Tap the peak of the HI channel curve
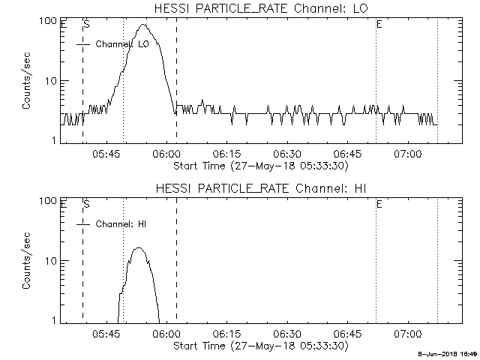(139, 248)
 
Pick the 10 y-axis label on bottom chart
(52, 261)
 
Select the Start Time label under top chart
(259, 166)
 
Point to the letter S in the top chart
(87, 24)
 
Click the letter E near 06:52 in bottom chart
(379, 203)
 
